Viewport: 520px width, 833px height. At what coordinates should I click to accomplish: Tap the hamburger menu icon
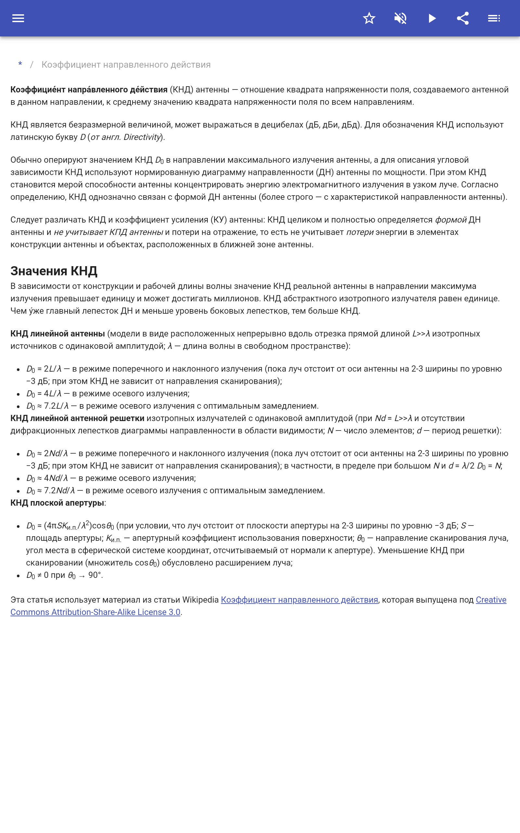pos(18,18)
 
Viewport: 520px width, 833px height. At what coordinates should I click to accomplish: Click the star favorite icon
pos(369,18)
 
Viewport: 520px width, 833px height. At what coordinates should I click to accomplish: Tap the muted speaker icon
pos(400,18)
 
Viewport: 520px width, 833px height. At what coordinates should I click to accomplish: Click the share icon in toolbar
pos(463,18)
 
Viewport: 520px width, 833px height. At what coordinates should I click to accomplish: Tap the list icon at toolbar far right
pos(494,18)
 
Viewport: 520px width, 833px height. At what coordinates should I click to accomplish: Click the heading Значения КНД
pos(54,271)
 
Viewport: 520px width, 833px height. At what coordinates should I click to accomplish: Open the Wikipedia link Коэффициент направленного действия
pos(299,600)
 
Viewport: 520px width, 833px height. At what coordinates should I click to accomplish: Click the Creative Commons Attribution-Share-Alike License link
pos(95,612)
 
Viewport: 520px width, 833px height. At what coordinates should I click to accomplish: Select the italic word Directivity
pos(142,137)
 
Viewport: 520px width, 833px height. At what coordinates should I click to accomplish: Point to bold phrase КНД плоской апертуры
pos(57,503)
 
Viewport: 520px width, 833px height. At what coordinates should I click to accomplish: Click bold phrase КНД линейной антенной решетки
pos(77,418)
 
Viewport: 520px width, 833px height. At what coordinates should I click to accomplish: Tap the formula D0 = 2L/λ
pos(44,369)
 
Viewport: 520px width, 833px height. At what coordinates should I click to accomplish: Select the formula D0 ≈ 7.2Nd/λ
pos(51,490)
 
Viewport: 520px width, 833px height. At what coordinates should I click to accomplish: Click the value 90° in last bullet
pos(95,575)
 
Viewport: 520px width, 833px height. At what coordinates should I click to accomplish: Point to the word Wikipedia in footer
pos(200,600)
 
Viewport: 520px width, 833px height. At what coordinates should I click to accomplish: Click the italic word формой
pos(450,220)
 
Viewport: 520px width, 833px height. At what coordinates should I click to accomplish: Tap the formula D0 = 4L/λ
pos(44,394)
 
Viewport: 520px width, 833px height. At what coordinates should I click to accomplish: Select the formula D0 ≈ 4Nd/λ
pos(47,478)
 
